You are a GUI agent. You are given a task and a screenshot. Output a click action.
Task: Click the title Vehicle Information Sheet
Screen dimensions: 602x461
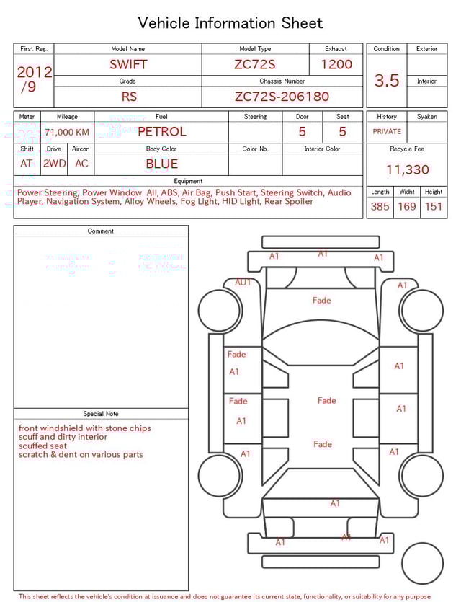click(230, 23)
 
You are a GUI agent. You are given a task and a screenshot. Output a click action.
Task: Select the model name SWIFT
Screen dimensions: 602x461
click(128, 64)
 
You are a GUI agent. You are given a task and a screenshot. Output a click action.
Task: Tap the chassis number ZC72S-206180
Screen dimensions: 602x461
click(282, 97)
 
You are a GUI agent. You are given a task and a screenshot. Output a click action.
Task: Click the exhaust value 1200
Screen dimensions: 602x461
click(336, 64)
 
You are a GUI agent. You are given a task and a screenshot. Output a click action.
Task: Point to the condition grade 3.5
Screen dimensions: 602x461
click(387, 81)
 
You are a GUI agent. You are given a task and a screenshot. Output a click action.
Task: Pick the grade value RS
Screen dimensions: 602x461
click(128, 97)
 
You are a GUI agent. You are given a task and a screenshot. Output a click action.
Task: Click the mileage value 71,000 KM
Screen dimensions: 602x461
click(67, 132)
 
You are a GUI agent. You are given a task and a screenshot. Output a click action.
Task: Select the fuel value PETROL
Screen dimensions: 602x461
click(161, 132)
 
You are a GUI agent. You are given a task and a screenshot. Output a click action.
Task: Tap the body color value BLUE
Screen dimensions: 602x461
click(161, 164)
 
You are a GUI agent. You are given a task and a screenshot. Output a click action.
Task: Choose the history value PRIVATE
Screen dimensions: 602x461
click(387, 132)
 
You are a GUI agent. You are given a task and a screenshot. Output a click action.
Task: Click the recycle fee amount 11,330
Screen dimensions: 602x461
click(407, 170)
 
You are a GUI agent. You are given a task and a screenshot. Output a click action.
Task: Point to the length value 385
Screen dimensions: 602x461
click(380, 206)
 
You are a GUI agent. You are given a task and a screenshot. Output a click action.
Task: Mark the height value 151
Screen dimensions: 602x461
click(434, 206)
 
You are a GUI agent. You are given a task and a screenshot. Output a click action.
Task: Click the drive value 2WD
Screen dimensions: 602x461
click(54, 164)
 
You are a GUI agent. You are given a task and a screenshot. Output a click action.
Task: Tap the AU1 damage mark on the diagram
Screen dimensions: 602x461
click(243, 283)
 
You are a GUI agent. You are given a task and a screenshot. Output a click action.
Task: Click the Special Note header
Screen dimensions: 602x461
click(101, 414)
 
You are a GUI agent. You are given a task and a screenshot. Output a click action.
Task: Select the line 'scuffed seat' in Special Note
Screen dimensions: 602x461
click(42, 446)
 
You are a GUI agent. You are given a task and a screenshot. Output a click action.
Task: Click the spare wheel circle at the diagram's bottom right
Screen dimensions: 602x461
click(422, 563)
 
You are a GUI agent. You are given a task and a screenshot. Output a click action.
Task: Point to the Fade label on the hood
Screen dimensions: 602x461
click(321, 301)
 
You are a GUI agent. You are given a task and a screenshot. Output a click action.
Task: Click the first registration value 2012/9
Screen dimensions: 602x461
click(34, 79)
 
